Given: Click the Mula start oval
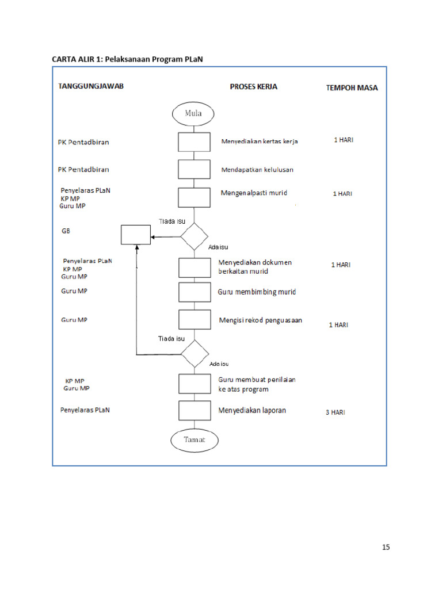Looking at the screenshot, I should (x=193, y=113).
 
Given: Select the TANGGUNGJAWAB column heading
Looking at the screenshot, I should (x=92, y=86).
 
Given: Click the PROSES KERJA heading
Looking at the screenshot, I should (x=253, y=87).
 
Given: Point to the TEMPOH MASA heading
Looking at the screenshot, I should (x=352, y=88).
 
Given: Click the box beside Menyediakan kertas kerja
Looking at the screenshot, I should (x=194, y=141).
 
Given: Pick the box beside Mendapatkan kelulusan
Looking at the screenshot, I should (x=194, y=169).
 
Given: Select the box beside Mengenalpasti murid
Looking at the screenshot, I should (x=194, y=197).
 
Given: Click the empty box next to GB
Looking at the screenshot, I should (x=135, y=235).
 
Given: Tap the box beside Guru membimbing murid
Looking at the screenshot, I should (x=194, y=292).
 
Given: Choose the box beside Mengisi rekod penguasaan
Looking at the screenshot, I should (x=194, y=320).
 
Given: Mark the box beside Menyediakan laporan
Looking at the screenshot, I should (x=194, y=410).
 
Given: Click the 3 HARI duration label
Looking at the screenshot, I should (x=336, y=412).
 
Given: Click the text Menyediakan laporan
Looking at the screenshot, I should (x=252, y=411).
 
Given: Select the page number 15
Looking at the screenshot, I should (x=386, y=547).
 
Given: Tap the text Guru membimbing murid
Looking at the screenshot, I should (x=257, y=292).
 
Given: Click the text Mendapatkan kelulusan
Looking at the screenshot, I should (x=257, y=170).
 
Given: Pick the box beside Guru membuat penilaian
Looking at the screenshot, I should (x=194, y=383).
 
